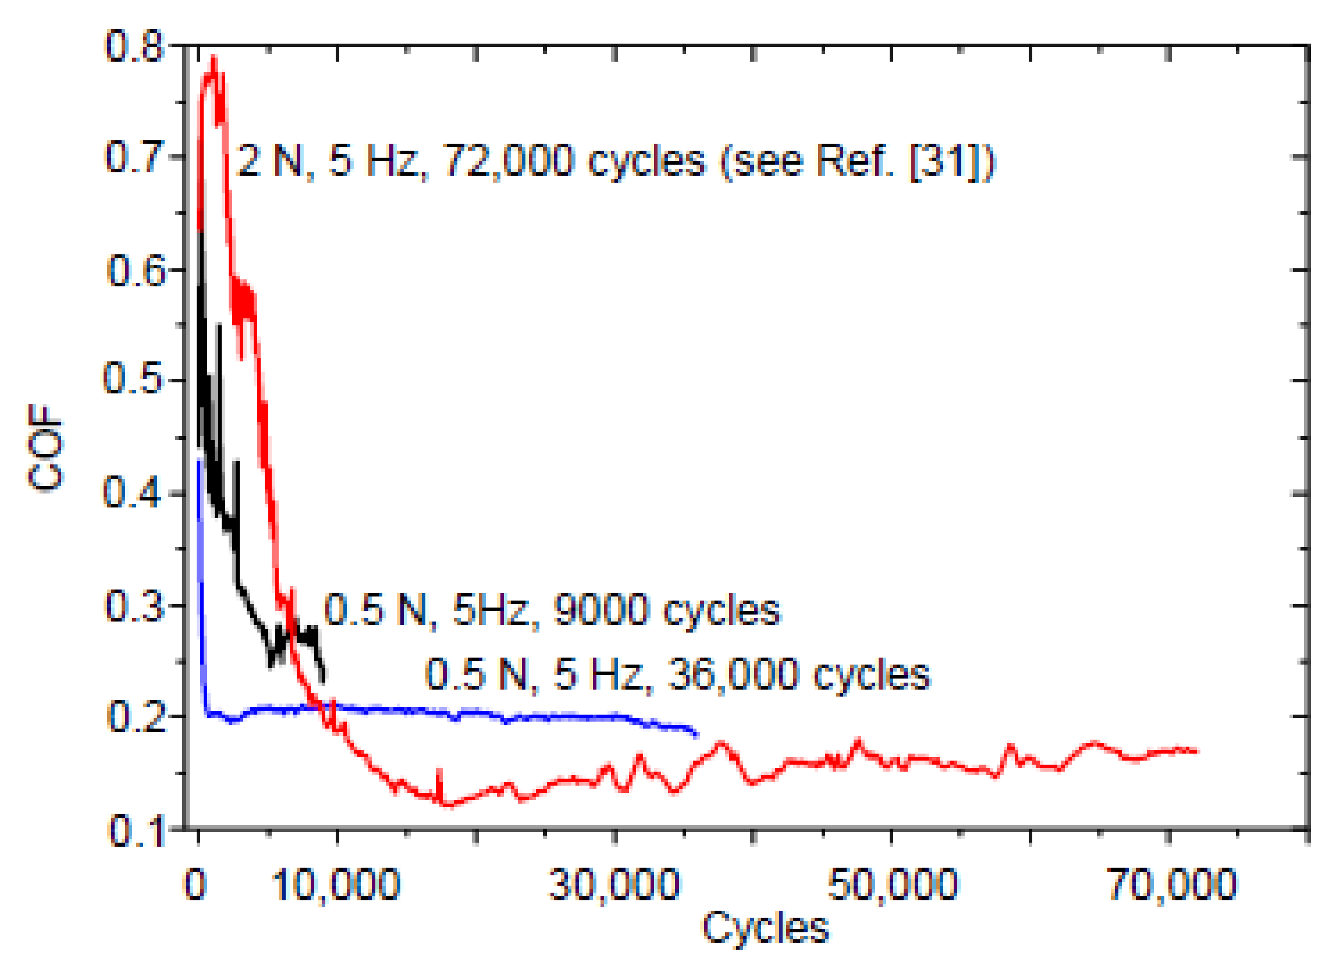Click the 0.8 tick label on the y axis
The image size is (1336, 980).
tap(134, 47)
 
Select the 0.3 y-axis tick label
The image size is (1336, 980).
tap(134, 606)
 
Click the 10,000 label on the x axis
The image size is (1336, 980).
tap(336, 885)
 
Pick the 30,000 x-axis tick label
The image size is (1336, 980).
tap(614, 885)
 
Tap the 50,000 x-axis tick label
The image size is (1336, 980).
tap(892, 885)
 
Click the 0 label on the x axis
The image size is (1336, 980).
tap(196, 885)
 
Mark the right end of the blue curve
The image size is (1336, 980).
tap(697, 735)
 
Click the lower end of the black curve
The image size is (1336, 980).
tap(323, 682)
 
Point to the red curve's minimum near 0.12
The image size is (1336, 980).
tap(449, 805)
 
